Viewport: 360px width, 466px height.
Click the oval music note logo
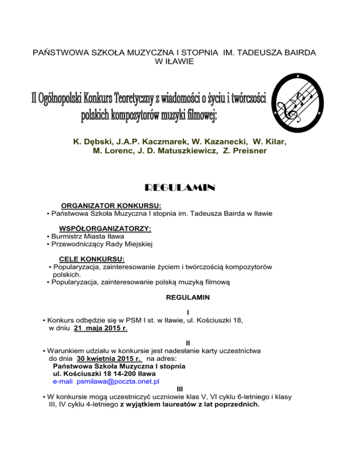point(298,103)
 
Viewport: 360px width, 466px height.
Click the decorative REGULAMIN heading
point(180,188)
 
